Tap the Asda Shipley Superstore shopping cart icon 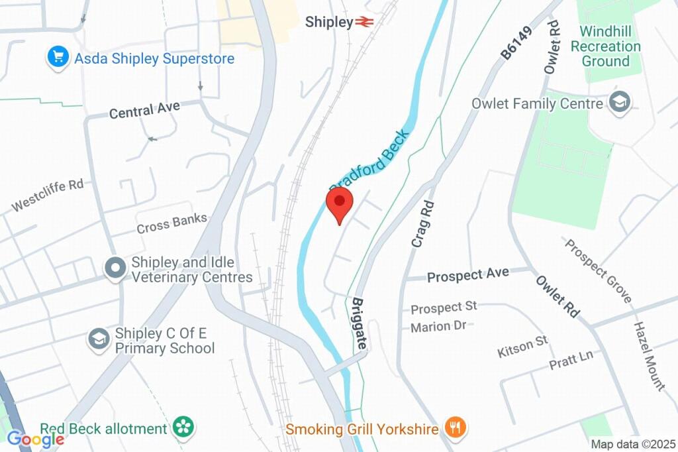(59, 58)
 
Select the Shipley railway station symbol (364, 22)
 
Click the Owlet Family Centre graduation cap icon (620, 103)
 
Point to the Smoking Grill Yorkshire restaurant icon (454, 428)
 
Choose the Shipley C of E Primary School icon (99, 339)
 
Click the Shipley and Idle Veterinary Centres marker (116, 268)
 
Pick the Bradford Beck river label (369, 158)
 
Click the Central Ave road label (144, 110)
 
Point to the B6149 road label (512, 44)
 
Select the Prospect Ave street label (468, 274)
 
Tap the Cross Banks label (171, 223)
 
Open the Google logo (35, 438)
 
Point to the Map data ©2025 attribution (633, 444)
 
